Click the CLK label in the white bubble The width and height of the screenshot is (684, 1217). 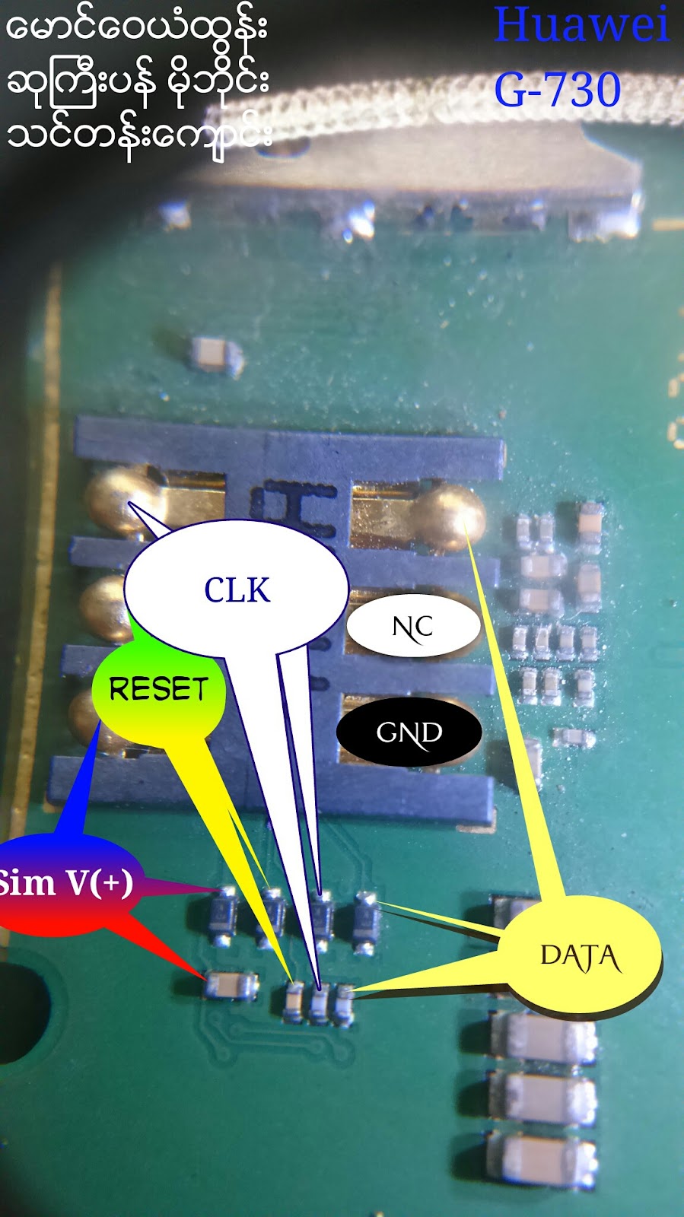[237, 590]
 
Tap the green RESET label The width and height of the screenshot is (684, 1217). [158, 689]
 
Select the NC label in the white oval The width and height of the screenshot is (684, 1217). [413, 627]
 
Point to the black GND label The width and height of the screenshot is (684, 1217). [409, 732]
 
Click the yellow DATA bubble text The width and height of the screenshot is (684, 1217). [581, 957]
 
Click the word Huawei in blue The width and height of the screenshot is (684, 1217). [582, 24]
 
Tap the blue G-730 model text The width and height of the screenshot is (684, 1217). [558, 91]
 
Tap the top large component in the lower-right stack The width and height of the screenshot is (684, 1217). [542, 1037]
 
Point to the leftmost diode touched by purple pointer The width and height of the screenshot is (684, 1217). [224, 915]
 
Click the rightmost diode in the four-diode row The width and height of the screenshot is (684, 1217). [367, 922]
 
